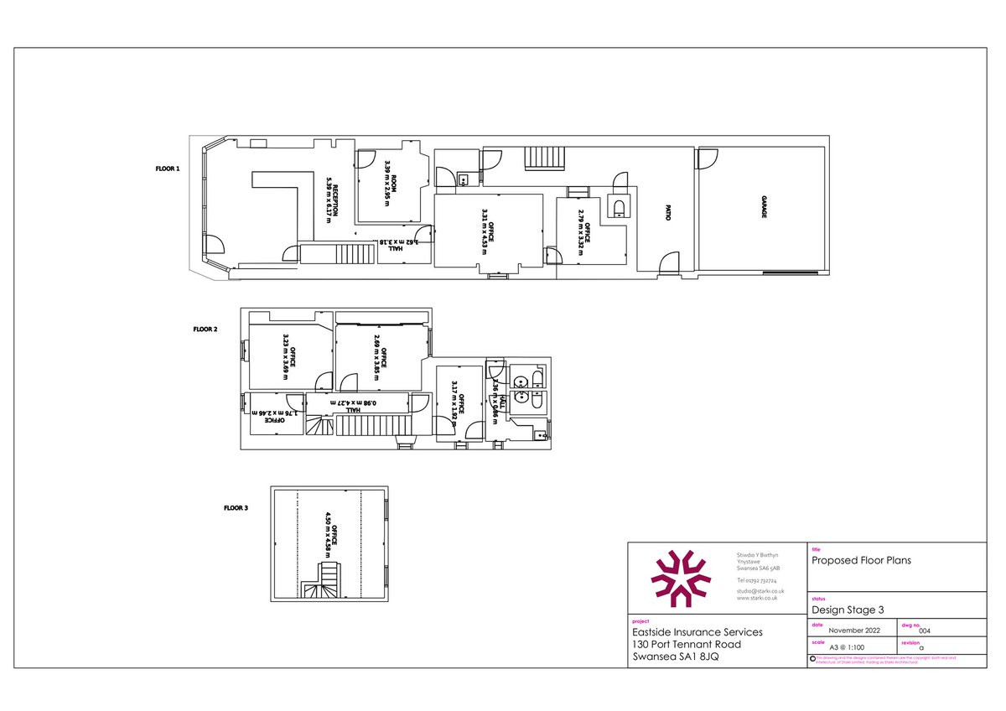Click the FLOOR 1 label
point(168,169)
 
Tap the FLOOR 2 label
point(205,330)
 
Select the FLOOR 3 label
point(236,507)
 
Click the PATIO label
point(667,213)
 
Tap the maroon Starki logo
point(680,578)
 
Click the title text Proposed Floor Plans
point(861,560)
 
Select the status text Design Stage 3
point(847,610)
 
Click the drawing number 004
point(925,631)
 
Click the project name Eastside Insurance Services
point(697,632)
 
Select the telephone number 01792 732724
point(756,579)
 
